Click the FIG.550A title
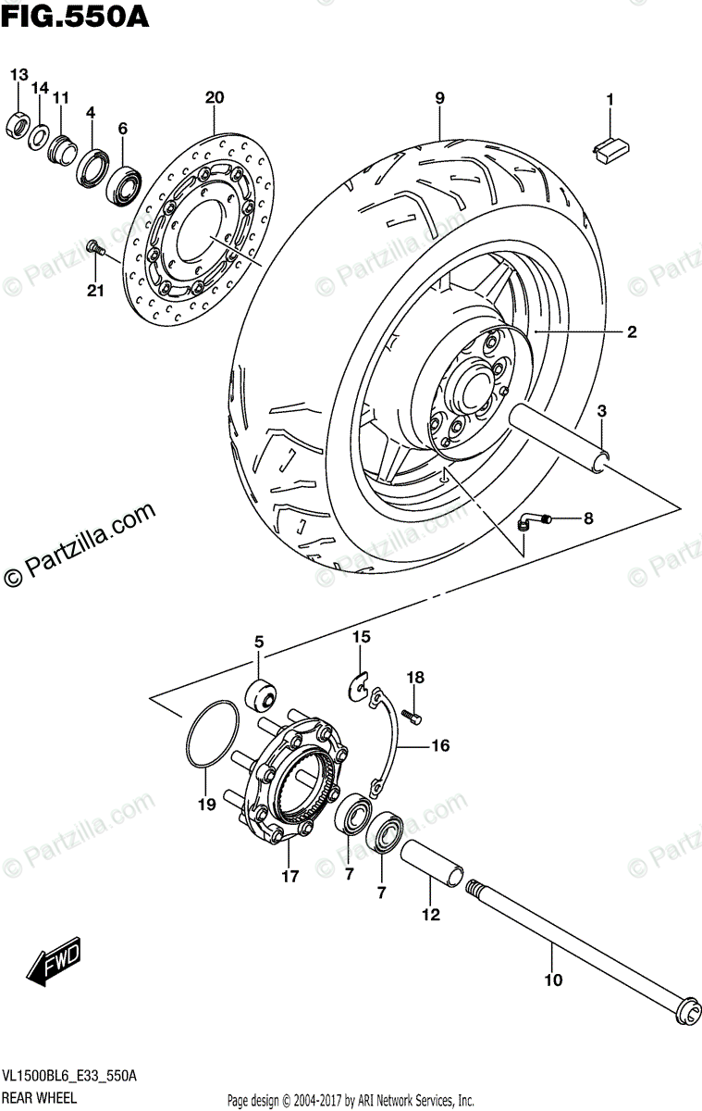pyautogui.click(x=74, y=17)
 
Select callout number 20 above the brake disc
pyautogui.click(x=215, y=97)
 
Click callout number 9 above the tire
pyautogui.click(x=439, y=97)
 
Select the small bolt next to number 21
pyautogui.click(x=94, y=247)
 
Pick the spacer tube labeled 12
pyautogui.click(x=432, y=857)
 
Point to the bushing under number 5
pyautogui.click(x=258, y=692)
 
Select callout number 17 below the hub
pyautogui.click(x=290, y=875)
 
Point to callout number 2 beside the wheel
pyautogui.click(x=632, y=332)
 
